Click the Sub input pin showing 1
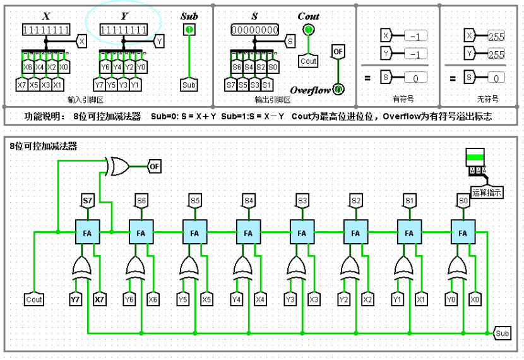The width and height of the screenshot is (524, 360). click(x=189, y=30)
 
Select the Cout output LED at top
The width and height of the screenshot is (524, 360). click(x=308, y=30)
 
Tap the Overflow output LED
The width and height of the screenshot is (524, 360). click(x=338, y=90)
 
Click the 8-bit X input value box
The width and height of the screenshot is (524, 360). click(x=45, y=30)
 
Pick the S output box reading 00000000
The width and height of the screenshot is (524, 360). click(x=255, y=30)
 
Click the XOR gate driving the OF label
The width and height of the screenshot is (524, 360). click(x=117, y=167)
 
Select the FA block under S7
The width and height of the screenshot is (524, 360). click(x=87, y=232)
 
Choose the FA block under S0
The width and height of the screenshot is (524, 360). click(x=463, y=232)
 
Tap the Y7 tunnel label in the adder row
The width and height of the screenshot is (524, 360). click(x=76, y=299)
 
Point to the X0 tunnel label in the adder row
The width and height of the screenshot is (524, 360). click(x=475, y=299)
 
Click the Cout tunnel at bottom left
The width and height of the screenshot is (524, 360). click(x=34, y=299)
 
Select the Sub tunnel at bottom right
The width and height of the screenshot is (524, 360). click(x=502, y=333)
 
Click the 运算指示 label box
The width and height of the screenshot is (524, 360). click(x=487, y=193)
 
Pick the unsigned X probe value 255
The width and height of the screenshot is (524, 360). click(x=496, y=37)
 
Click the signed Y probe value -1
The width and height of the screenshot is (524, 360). click(x=414, y=54)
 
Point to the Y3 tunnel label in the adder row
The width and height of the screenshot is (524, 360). click(x=290, y=299)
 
